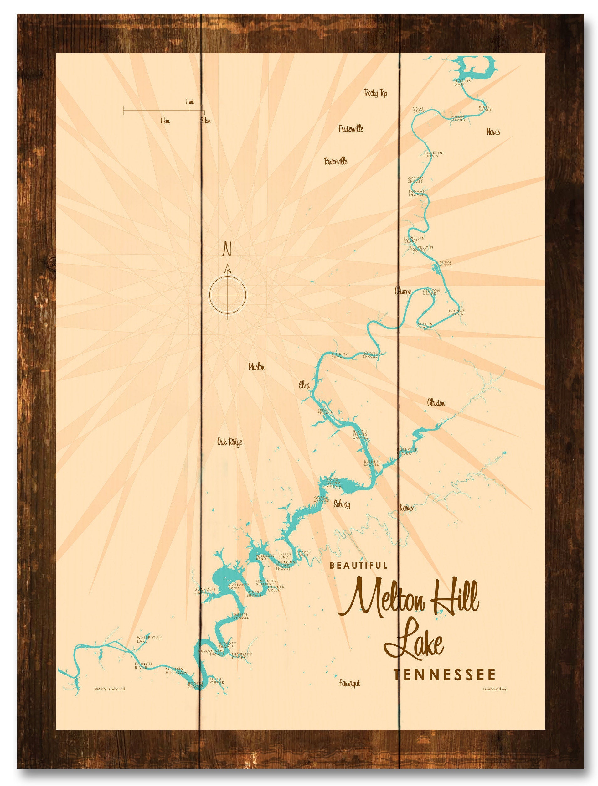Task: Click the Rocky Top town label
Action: point(375,93)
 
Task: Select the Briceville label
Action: point(336,161)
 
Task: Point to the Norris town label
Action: point(493,132)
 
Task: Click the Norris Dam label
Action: point(462,83)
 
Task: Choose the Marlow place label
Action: point(257,367)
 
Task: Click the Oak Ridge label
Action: point(229,442)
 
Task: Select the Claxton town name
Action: point(436,403)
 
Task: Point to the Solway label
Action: point(342,504)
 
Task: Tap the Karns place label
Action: point(406,508)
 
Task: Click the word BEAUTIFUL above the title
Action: point(358,565)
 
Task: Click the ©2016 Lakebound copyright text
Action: point(110,689)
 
